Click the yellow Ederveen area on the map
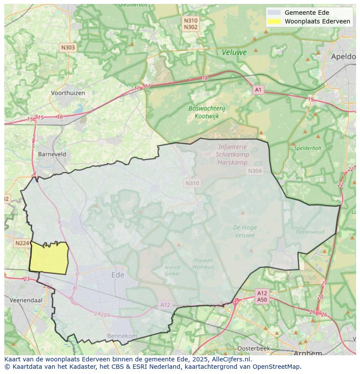(x=49, y=258)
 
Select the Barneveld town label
(x=52, y=154)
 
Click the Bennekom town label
(x=122, y=336)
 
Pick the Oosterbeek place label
(x=253, y=348)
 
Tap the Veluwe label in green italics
(x=234, y=52)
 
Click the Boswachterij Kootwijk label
(x=207, y=112)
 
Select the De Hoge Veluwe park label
(x=245, y=231)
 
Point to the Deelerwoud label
(x=310, y=232)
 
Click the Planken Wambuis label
(x=203, y=263)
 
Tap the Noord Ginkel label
(x=172, y=270)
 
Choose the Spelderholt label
(x=308, y=148)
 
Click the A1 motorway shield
(x=258, y=89)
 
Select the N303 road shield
(x=68, y=48)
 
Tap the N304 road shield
(x=255, y=171)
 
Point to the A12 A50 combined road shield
(x=262, y=296)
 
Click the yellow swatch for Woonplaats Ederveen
(x=274, y=21)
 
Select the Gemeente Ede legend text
(x=307, y=13)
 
